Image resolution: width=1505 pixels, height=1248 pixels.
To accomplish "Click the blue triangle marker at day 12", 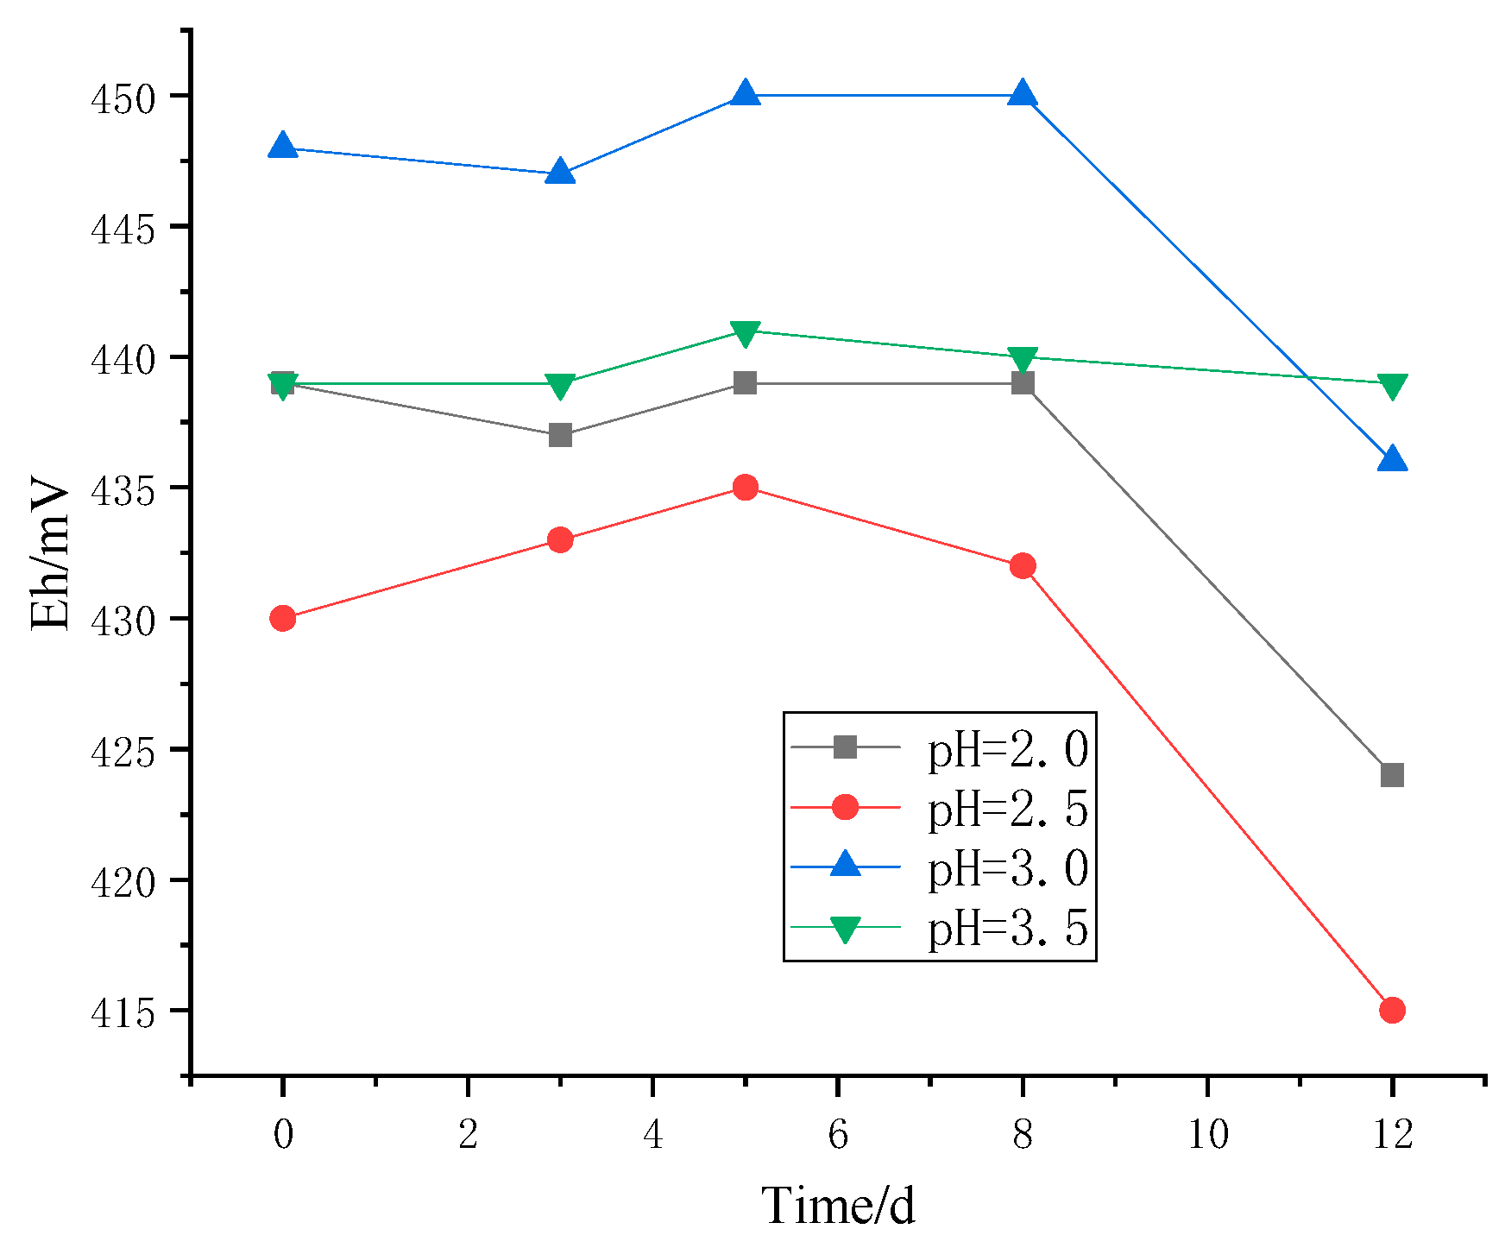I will click(1392, 460).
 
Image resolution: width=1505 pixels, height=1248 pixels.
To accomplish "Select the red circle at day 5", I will click(745, 488).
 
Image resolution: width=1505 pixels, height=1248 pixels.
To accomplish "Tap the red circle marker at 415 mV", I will click(1392, 1010).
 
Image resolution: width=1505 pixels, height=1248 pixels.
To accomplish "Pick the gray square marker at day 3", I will click(560, 436).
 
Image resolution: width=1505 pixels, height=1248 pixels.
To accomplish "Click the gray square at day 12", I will click(1392, 775).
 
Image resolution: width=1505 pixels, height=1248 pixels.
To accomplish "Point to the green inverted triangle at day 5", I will click(745, 333).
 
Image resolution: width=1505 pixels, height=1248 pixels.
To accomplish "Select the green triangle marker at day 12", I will click(1392, 386).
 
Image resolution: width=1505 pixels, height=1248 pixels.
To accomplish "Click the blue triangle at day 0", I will click(283, 147).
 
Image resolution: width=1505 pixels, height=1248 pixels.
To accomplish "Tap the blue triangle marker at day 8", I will click(1023, 93).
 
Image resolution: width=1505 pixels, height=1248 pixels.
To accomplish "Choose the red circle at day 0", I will click(283, 618).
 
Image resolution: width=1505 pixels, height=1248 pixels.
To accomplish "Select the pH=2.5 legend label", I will click(1007, 809).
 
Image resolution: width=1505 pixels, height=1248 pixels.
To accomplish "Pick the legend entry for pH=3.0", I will click(1007, 868).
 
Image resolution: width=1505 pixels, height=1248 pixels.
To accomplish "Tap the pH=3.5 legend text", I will click(1007, 929).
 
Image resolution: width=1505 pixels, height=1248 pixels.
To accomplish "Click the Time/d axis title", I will click(838, 1206).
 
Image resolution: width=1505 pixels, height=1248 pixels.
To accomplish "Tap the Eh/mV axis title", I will click(50, 552).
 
